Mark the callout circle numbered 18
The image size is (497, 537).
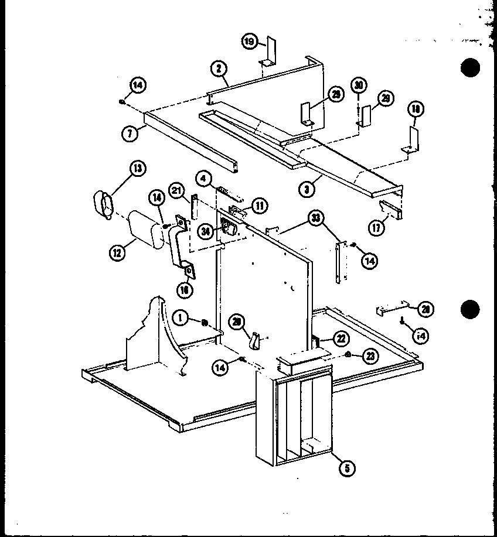click(x=416, y=109)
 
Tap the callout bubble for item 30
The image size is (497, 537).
click(x=359, y=85)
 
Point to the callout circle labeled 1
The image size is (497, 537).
click(x=182, y=318)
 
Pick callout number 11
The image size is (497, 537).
click(x=259, y=205)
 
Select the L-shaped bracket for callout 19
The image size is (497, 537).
click(x=269, y=52)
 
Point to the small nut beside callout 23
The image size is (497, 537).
click(x=349, y=354)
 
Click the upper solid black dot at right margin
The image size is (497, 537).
click(x=470, y=67)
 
